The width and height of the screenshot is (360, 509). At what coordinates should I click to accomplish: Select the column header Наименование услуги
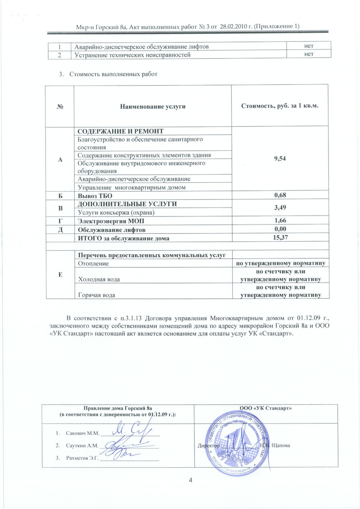[x=153, y=106]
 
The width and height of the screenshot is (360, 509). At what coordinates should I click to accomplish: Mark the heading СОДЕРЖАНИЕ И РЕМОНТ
[x=120, y=131]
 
